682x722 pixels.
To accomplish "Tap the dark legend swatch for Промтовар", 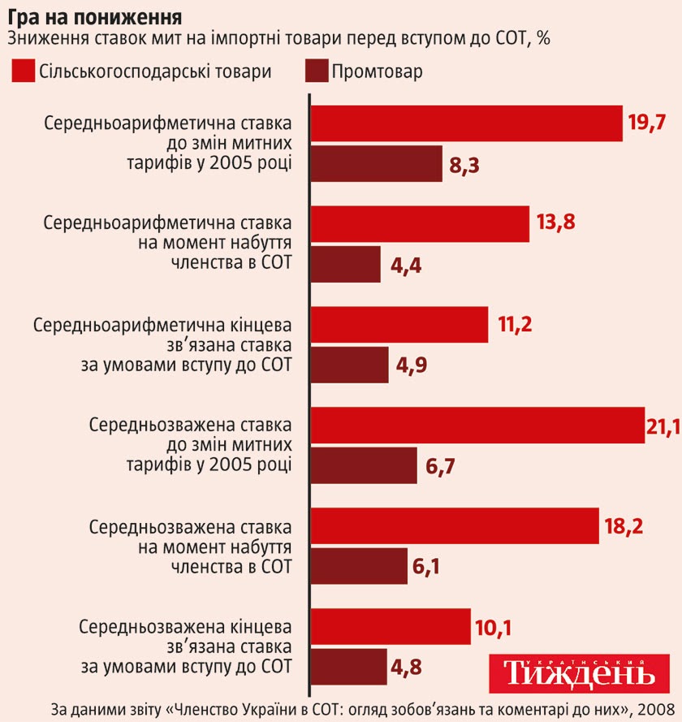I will pos(317,71).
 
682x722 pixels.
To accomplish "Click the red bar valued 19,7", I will pos(467,123).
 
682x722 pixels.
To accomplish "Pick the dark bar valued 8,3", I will pos(378,164).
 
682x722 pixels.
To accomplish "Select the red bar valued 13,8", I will pos(421,224).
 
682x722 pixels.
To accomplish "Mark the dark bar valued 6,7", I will pos(365,466).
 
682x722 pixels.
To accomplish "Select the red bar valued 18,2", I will pos(455,526).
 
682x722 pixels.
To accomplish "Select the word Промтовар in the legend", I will pos(377,71).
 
